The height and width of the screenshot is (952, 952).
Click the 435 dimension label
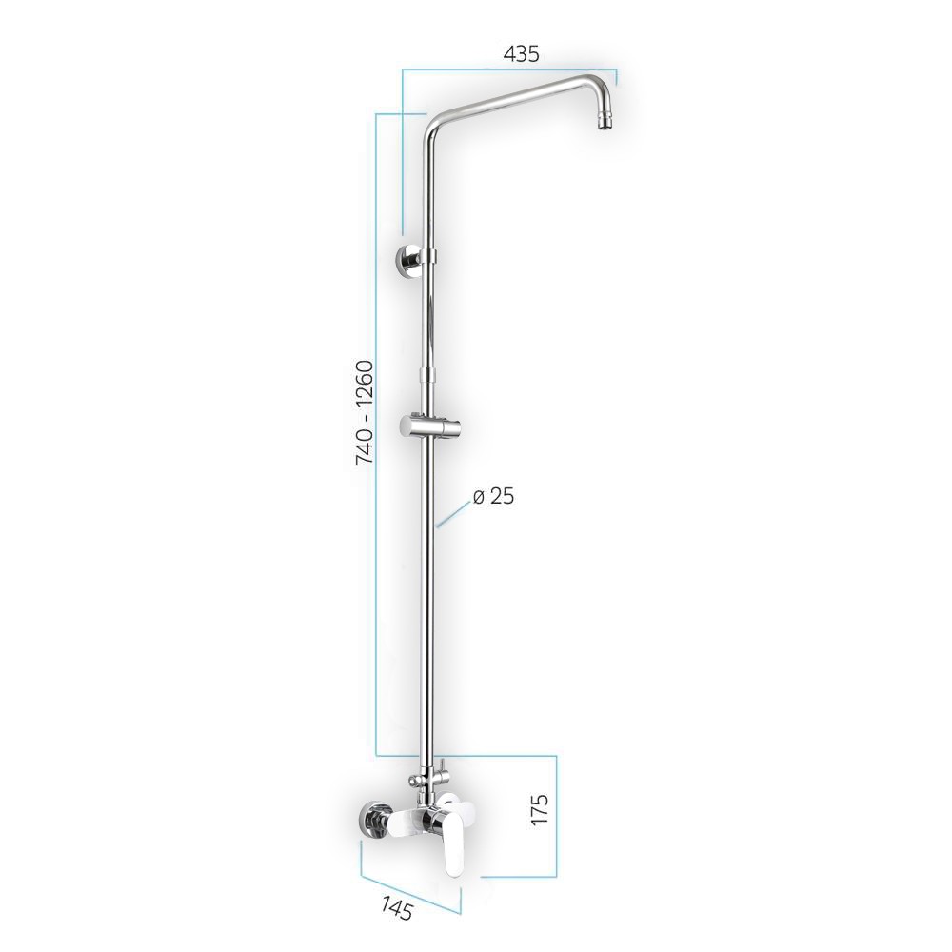[x=522, y=54]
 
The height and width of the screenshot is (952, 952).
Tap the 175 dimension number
[x=541, y=809]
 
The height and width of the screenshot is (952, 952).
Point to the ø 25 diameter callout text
[x=493, y=496]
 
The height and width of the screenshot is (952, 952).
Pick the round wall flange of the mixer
[x=371, y=822]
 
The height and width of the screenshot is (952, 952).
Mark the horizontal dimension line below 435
[x=509, y=69]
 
